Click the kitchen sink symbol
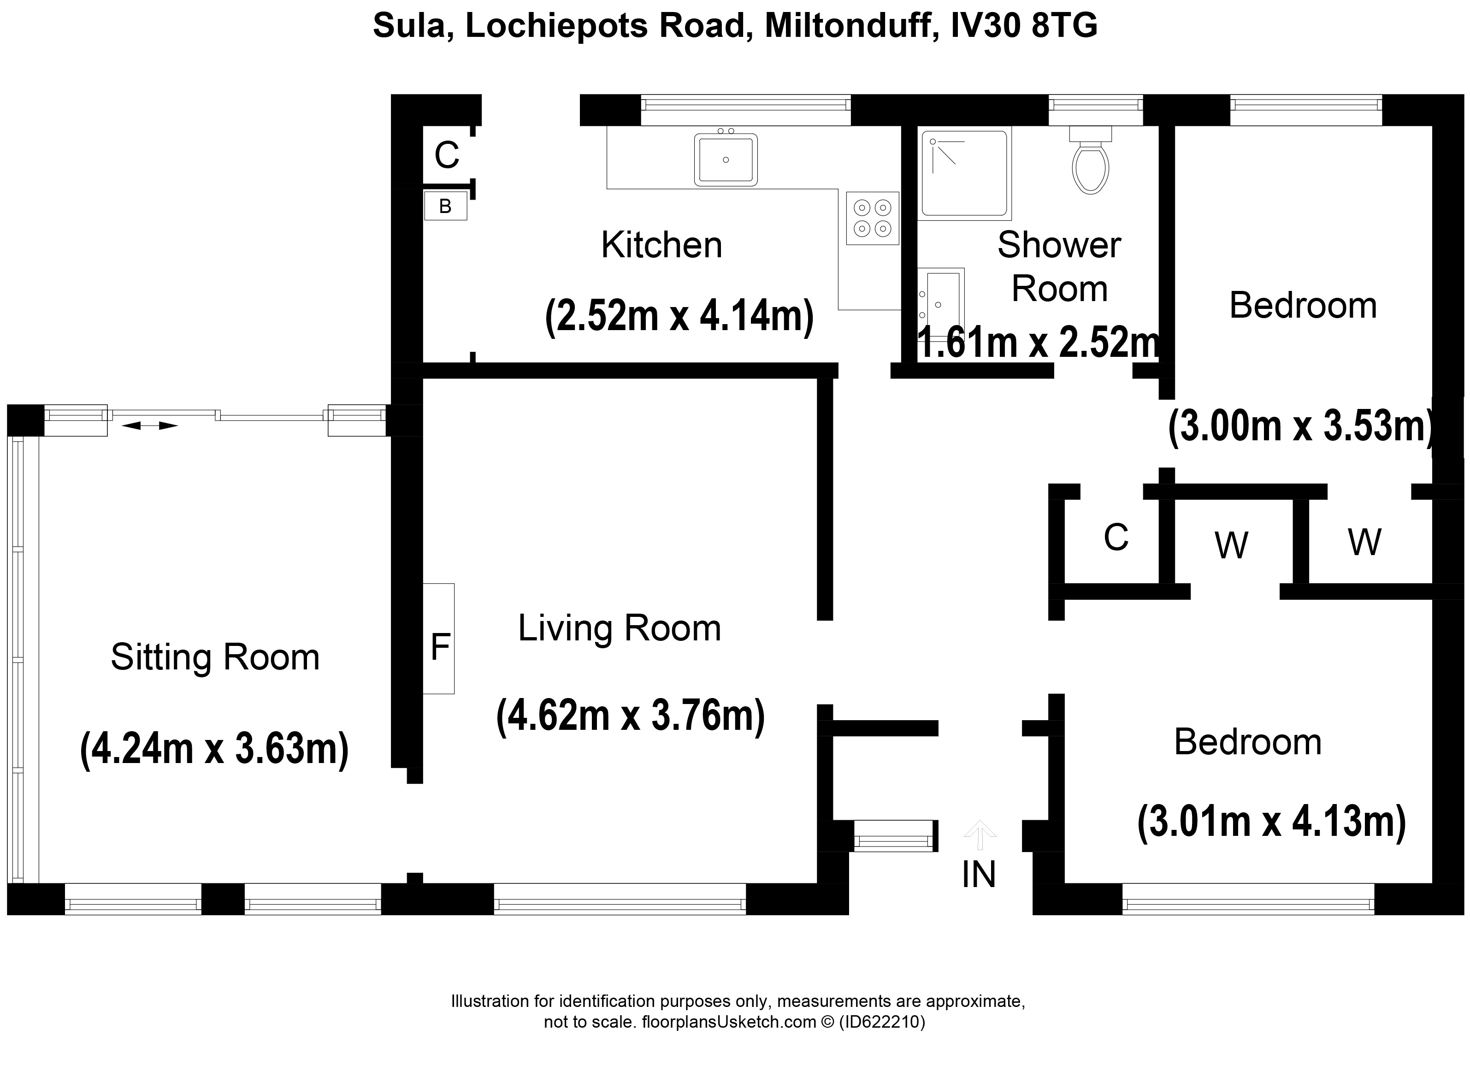(725, 160)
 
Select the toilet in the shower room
(1090, 166)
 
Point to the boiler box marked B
(445, 206)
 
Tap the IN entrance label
(978, 875)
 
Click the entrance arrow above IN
(980, 834)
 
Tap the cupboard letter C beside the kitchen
(447, 155)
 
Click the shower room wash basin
(941, 300)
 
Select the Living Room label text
(619, 627)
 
